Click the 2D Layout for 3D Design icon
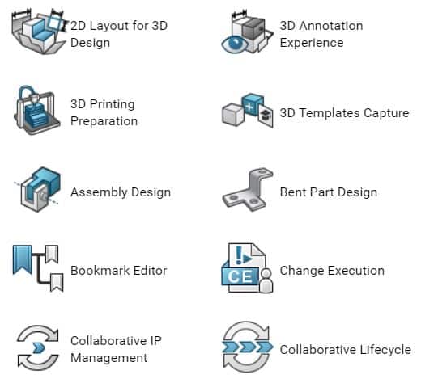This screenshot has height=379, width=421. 39,32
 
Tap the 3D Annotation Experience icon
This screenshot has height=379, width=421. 247,32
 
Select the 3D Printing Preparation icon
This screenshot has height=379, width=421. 37,110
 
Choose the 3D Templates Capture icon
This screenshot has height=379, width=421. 248,110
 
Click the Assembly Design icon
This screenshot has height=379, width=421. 37,189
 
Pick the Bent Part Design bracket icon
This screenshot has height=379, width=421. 248,189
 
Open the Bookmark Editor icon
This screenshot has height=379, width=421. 38,268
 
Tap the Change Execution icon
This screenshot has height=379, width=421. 247,268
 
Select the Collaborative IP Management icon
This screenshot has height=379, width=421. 38,347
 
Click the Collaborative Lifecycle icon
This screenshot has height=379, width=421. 247,347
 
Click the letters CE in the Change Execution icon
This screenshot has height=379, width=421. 240,276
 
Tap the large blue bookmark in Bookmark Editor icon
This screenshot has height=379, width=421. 23,260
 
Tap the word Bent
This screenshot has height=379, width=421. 293,192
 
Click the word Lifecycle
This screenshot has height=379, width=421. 385,350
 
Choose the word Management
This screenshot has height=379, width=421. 109,359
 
